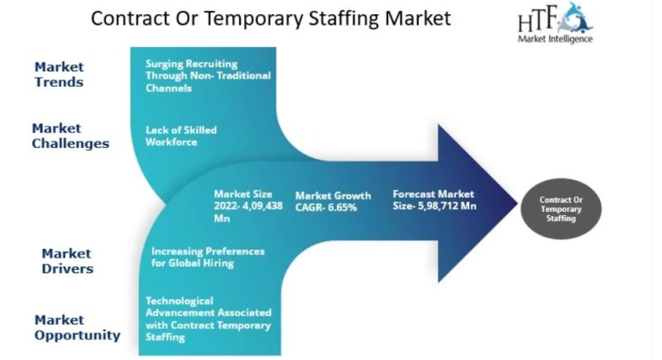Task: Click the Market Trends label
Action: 59,74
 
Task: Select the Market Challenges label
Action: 70,136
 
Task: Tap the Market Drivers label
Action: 67,261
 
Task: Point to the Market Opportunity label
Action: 77,328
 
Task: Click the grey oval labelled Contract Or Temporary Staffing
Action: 561,209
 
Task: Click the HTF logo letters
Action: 538,19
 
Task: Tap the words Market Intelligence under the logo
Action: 554,39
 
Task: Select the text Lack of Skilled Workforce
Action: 181,136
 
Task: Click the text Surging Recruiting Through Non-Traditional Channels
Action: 209,76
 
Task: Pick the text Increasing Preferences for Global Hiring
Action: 208,257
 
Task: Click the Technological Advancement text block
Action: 209,319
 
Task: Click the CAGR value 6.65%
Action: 342,208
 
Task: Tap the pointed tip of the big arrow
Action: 517,203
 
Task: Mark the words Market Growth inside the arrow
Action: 333,196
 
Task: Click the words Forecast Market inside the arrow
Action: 433,194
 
